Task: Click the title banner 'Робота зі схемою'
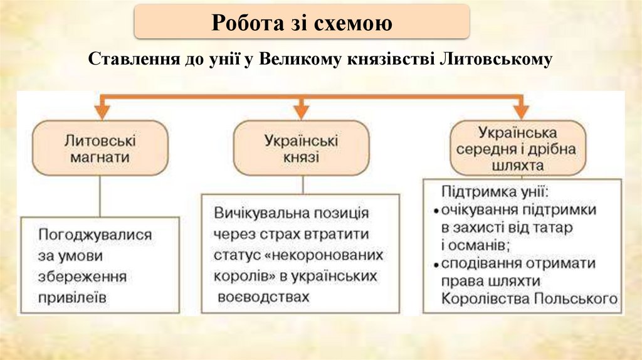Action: click(x=302, y=23)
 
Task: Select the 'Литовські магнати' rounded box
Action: click(x=101, y=147)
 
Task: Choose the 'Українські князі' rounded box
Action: click(x=301, y=148)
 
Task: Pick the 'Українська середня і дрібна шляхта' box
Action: click(x=517, y=149)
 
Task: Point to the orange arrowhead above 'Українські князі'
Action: click(x=302, y=110)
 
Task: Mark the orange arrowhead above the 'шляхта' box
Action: click(x=518, y=110)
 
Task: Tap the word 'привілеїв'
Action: click(x=72, y=297)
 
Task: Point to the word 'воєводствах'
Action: click(x=264, y=297)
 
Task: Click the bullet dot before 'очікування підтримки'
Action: click(x=436, y=210)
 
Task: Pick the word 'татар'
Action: click(x=553, y=228)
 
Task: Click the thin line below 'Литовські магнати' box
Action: click(x=101, y=196)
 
